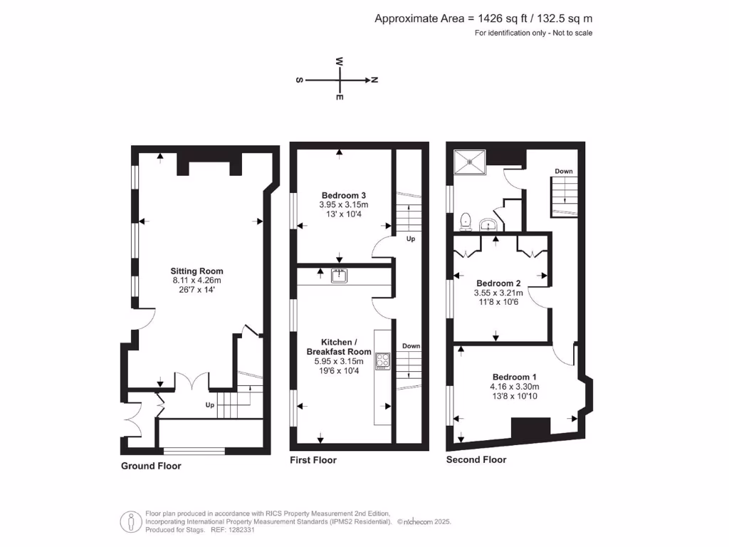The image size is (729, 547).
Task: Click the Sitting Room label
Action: [x=196, y=271]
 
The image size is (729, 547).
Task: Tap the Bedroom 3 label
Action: [x=344, y=195]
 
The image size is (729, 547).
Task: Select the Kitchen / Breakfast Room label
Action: [x=339, y=347]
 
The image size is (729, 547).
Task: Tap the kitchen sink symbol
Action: [x=340, y=275]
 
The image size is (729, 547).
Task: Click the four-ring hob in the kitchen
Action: [x=383, y=361]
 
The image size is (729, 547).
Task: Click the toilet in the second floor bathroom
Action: [x=466, y=222]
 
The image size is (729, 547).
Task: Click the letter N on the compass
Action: [x=374, y=80]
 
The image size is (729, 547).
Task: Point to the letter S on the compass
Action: [x=298, y=80]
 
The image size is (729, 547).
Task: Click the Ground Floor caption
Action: [x=150, y=466]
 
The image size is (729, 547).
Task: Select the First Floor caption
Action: [x=313, y=460]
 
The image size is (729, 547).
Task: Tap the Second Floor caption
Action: [x=476, y=459]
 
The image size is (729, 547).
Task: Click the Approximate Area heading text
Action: [x=483, y=19]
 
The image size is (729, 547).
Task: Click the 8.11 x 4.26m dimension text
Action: [x=196, y=281]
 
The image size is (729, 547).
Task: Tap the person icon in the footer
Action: [x=130, y=521]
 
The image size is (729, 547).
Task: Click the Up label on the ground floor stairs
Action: [x=209, y=405]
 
